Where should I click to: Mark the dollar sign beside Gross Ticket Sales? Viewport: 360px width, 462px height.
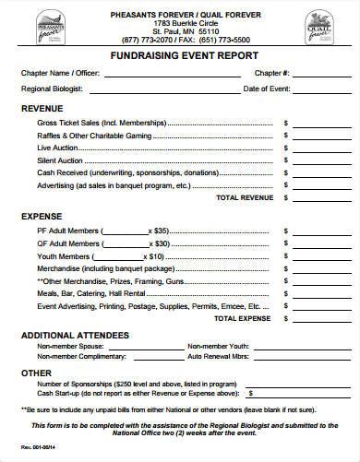click(285, 123)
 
